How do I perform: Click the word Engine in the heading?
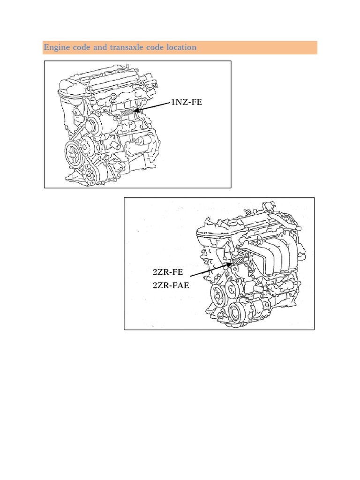[x=55, y=48]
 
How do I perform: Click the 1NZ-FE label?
[x=187, y=102]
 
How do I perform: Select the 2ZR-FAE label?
[x=171, y=285]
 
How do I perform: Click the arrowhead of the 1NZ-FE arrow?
[x=137, y=111]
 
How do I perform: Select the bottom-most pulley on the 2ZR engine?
[x=239, y=312]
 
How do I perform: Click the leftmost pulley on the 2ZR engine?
[x=218, y=295]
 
